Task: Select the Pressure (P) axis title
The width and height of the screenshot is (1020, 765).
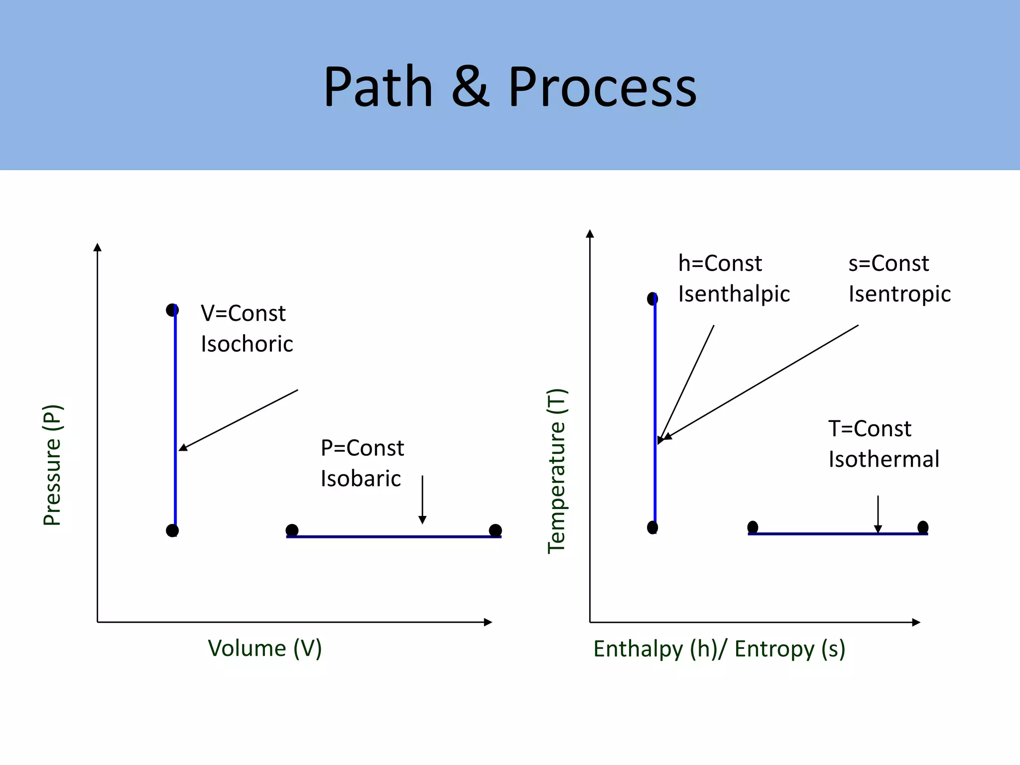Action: point(52,465)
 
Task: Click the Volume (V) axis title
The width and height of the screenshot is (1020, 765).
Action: point(264,648)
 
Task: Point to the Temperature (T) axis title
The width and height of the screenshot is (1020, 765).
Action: point(556,471)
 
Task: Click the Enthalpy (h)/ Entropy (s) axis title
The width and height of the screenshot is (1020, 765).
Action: point(719,649)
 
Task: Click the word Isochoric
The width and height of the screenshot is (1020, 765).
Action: point(247,344)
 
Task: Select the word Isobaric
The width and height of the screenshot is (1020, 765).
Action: point(361,479)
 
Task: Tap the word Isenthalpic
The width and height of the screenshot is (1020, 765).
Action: point(734,294)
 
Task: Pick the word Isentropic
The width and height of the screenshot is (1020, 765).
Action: point(899,294)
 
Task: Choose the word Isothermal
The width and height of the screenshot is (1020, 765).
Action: point(884,459)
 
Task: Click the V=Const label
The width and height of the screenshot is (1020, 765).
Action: point(243,313)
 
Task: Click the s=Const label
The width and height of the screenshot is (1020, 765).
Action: point(889,263)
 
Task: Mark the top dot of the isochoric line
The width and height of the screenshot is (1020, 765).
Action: point(172,310)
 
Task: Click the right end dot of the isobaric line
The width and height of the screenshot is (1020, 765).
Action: point(495,530)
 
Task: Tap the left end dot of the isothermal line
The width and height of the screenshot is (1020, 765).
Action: point(753,527)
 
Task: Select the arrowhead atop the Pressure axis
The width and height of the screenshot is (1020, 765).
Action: point(98,247)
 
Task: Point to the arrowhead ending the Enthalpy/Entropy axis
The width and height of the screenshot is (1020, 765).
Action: point(916,622)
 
